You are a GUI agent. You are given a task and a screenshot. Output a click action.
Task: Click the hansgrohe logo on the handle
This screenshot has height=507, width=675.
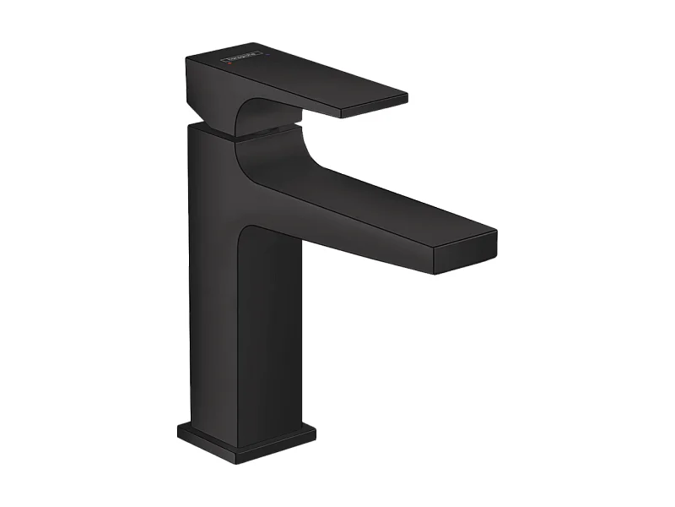point(240,60)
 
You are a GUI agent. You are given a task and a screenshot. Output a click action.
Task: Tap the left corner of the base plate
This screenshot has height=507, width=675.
point(179,430)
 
